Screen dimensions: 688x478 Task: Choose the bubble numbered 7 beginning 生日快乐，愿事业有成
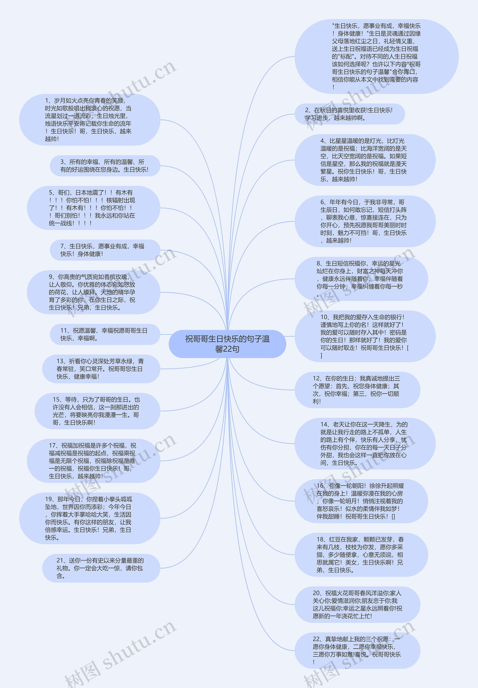point(105,250)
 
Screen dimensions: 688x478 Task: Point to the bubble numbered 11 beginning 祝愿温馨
point(105,334)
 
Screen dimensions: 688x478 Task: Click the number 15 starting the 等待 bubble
point(57,400)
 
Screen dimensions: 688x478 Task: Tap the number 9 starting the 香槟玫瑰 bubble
point(51,277)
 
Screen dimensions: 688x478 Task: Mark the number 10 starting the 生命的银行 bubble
point(324,317)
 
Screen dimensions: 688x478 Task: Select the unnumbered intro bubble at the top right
point(376,56)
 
